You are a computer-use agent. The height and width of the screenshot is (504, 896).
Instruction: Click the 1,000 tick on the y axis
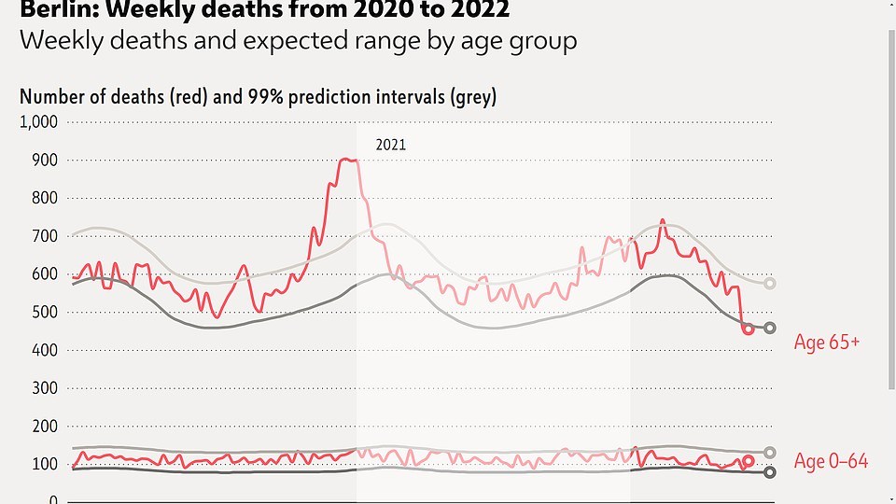pyautogui.click(x=39, y=122)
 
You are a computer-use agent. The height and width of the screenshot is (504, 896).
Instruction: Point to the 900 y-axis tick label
pyautogui.click(x=45, y=161)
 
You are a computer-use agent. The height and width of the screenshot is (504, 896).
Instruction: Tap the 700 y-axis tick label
pyautogui.click(x=45, y=236)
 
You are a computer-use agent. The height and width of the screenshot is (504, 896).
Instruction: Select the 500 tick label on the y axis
pyautogui.click(x=45, y=312)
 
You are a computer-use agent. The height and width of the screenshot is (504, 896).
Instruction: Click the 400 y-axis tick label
pyautogui.click(x=45, y=350)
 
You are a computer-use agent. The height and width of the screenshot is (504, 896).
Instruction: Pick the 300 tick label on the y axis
pyautogui.click(x=45, y=387)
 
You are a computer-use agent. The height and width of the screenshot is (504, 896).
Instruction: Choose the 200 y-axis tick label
pyautogui.click(x=45, y=426)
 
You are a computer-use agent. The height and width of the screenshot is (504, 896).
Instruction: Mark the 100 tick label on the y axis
pyautogui.click(x=45, y=464)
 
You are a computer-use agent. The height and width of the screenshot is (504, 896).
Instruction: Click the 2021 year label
pyautogui.click(x=391, y=146)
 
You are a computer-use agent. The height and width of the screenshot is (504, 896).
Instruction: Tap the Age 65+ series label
pyautogui.click(x=826, y=343)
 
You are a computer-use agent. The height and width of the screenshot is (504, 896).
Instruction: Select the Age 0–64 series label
pyautogui.click(x=831, y=461)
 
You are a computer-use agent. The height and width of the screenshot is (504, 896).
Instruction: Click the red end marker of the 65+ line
pyautogui.click(x=748, y=329)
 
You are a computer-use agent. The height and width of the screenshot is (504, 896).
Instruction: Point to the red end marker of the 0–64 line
pyautogui.click(x=748, y=461)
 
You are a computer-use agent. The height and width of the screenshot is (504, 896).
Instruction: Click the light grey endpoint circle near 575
pyautogui.click(x=770, y=284)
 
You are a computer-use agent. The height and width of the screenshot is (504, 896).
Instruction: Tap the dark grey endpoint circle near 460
pyautogui.click(x=770, y=328)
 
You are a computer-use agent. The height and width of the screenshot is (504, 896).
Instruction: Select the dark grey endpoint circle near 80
pyautogui.click(x=770, y=472)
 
